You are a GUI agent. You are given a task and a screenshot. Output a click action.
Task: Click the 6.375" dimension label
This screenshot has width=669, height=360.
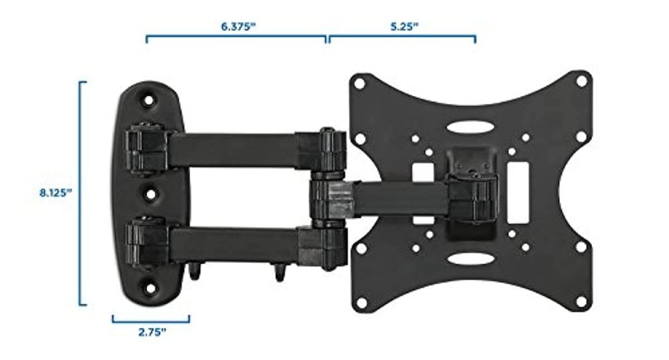tap(236, 27)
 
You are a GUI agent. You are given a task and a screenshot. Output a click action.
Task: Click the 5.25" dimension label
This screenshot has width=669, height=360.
tap(402, 27)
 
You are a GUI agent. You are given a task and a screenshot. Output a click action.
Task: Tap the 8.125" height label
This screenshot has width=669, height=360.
tap(56, 193)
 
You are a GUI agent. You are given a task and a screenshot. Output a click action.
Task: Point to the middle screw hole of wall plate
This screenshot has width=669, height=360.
tap(151, 194)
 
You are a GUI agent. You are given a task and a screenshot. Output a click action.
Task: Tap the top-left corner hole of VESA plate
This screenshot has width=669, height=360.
tap(360, 84)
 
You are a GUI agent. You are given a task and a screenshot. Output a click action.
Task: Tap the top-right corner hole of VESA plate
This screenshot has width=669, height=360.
tap(581, 81)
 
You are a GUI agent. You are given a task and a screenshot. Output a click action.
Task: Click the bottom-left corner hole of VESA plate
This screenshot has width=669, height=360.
tap(361, 303)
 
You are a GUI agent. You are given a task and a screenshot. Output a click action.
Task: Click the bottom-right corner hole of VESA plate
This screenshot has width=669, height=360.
tap(581, 301)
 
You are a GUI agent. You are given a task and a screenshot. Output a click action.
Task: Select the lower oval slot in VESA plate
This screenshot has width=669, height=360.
tap(469, 259)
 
